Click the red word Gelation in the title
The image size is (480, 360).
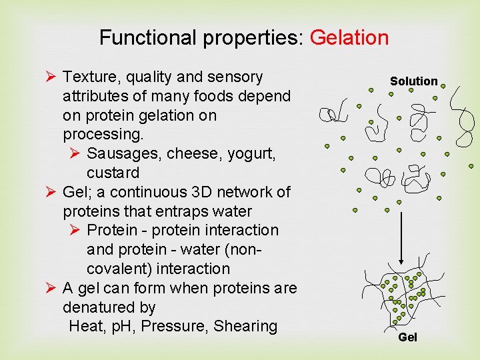(349, 37)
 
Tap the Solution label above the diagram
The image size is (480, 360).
(413, 81)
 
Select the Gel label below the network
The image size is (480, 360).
(407, 337)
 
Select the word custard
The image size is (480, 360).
(113, 173)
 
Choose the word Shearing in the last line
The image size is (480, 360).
(245, 326)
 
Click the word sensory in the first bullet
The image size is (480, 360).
(237, 77)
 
